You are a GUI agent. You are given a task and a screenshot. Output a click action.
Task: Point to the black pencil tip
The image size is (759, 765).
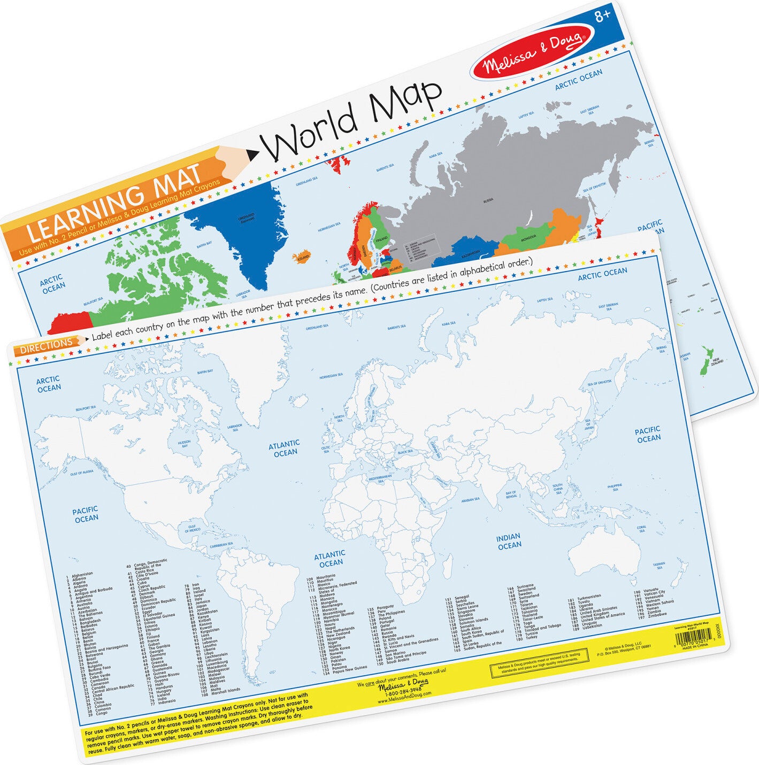click(252, 155)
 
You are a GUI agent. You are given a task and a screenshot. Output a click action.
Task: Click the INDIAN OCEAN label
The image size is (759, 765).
click(509, 541)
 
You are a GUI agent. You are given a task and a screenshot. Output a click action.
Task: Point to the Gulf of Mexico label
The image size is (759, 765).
click(192, 528)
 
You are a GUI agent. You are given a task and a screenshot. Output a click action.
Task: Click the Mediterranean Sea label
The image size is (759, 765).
click(380, 478)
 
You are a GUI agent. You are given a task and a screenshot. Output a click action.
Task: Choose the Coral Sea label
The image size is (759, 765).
click(641, 529)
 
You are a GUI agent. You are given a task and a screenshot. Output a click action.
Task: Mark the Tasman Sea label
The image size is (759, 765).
click(658, 565)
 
